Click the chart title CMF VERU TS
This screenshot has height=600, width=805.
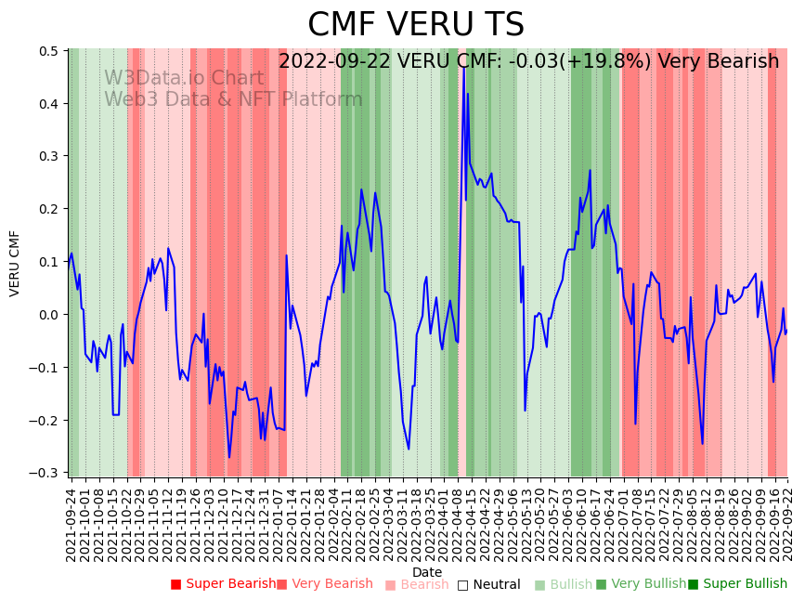[x=415, y=25]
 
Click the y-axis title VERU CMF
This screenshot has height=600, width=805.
[x=15, y=263]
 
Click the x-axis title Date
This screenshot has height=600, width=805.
[x=427, y=572]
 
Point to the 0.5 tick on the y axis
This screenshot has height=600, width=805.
[x=48, y=51]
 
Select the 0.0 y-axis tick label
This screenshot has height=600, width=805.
[x=48, y=315]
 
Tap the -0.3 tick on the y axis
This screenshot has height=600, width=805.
[x=45, y=473]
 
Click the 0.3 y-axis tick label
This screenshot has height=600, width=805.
[x=48, y=157]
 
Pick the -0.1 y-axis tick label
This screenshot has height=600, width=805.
[x=45, y=368]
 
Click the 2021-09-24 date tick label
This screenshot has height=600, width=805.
[x=71, y=524]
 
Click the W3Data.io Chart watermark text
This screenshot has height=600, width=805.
[x=183, y=78]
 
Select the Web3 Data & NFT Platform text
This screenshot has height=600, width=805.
[x=233, y=99]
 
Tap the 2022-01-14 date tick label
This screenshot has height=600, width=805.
[x=292, y=524]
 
